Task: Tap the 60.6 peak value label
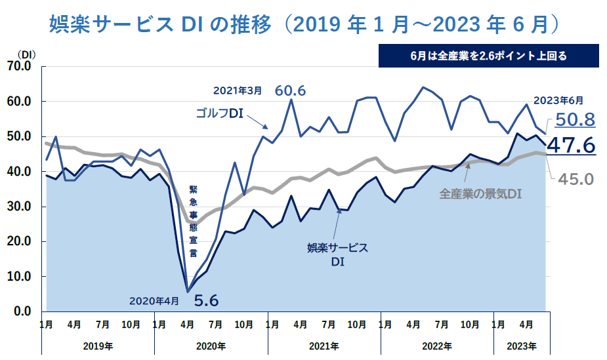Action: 290,90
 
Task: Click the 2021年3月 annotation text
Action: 238,91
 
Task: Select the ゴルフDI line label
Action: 219,113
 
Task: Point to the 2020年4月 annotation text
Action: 155,301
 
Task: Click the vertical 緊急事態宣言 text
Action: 193,220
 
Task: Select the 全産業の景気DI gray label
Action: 480,195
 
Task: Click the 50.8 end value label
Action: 574,119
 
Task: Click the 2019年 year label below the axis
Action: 98,346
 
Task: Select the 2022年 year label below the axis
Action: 436,346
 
